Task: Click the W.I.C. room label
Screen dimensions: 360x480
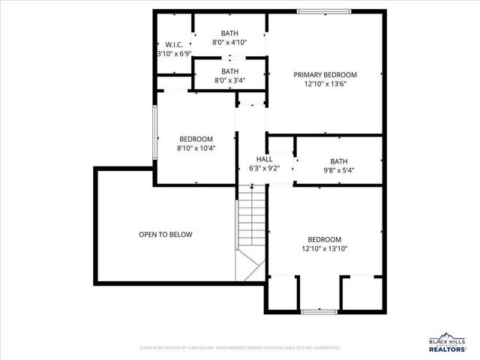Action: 174,44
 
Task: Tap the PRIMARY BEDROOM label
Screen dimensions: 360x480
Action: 325,75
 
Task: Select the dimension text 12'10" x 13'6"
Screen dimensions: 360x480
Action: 325,85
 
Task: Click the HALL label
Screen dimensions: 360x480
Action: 265,160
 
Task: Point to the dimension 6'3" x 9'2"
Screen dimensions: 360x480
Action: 265,169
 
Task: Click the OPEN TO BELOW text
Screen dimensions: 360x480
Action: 165,235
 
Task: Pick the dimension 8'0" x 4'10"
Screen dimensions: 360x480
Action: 229,43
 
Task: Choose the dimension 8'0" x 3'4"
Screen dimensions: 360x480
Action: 229,80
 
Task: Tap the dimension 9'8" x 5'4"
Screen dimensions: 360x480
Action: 339,170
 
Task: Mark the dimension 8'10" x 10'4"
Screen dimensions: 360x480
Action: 196,148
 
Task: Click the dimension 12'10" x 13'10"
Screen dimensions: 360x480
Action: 325,249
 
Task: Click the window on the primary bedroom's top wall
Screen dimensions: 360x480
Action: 324,11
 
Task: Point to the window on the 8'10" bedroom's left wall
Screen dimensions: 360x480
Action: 155,133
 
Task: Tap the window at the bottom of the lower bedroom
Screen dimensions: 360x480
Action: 319,311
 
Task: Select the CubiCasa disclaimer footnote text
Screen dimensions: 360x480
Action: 240,348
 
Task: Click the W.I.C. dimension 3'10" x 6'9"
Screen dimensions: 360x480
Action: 174,54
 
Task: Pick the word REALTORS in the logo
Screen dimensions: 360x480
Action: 447,349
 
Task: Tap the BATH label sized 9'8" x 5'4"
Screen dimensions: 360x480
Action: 339,160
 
